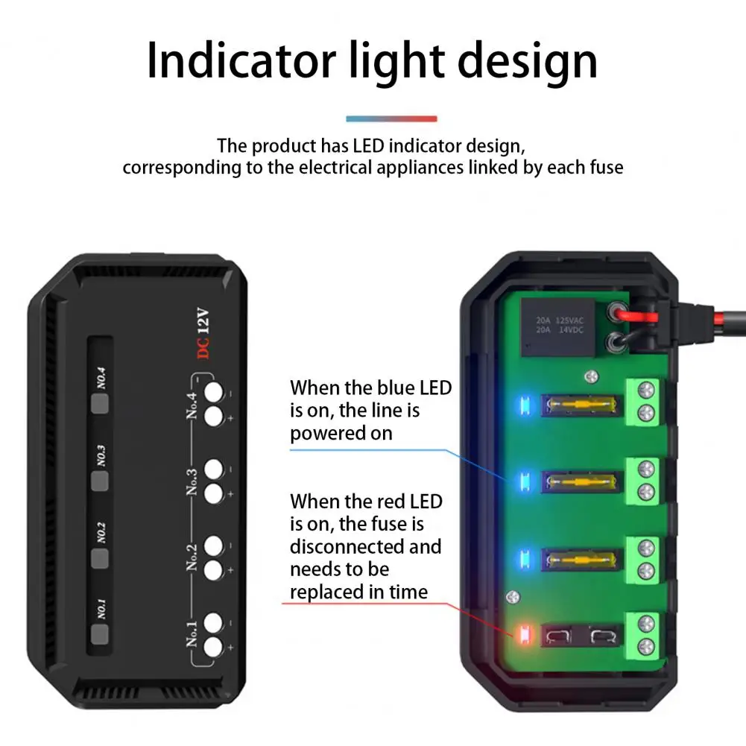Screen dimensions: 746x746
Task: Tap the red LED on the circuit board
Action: coord(522,636)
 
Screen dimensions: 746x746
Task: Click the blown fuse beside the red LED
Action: coord(581,636)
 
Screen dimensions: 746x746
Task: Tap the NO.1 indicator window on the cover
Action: coord(100,633)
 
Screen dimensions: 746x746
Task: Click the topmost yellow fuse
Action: coord(581,406)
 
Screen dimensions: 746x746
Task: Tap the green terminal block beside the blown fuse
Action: coord(645,633)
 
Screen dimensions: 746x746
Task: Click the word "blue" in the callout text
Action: coord(396,388)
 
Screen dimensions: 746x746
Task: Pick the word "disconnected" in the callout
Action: coord(365,546)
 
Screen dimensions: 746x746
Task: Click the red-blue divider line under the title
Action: coord(391,118)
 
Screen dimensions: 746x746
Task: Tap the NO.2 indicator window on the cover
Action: coord(100,557)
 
